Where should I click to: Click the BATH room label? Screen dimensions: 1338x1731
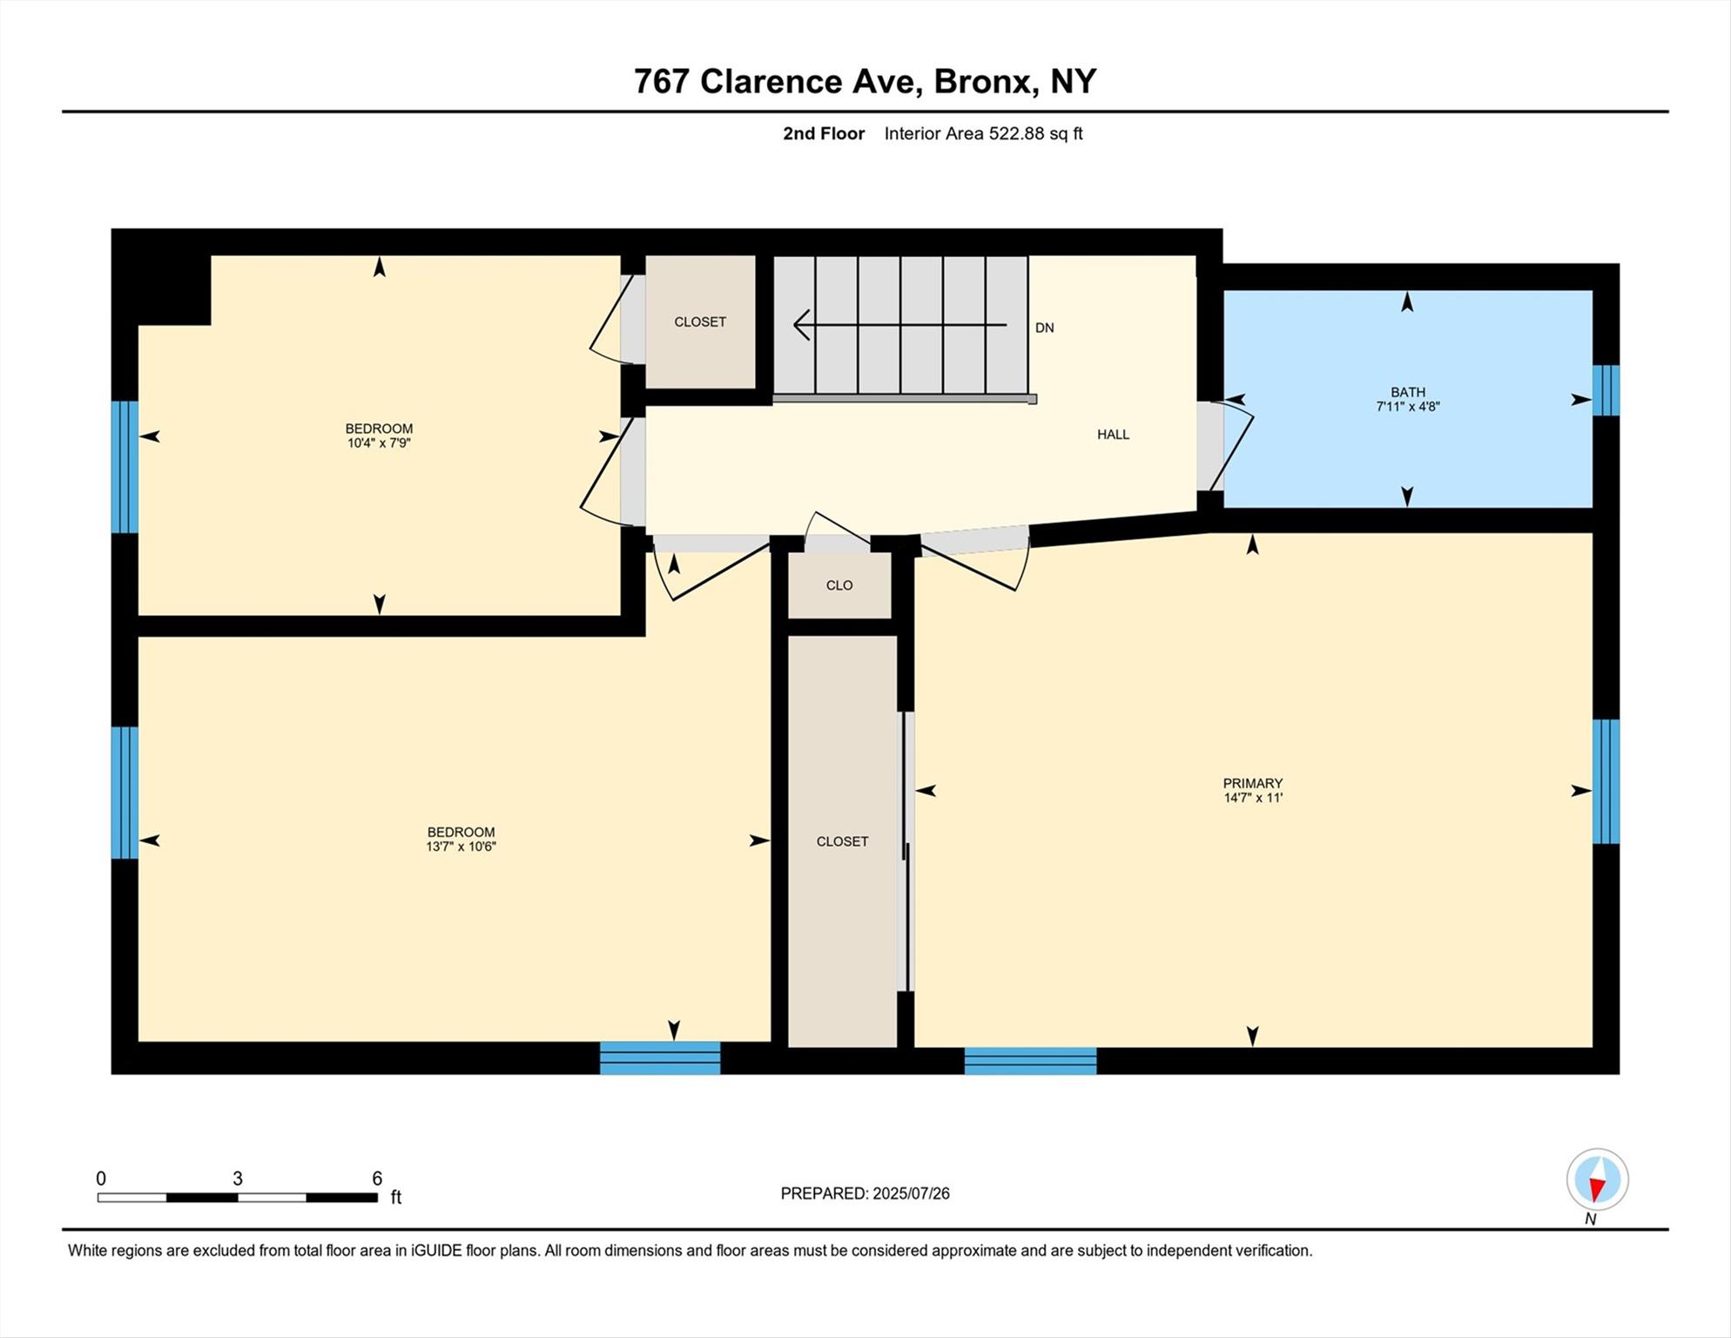[1407, 392]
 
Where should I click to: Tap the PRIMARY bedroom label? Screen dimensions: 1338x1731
[1252, 783]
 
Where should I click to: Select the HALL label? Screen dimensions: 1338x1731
[1113, 435]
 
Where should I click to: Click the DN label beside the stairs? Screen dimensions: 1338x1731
[1044, 328]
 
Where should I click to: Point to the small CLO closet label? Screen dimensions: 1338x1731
[839, 585]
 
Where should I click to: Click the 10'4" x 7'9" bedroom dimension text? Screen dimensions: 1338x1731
[379, 443]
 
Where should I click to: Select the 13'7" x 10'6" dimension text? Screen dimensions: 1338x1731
[461, 846]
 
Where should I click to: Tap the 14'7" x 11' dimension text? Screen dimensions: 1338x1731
[1252, 797]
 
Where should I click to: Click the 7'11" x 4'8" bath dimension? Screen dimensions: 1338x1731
[1407, 406]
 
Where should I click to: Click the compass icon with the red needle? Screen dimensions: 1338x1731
[1597, 1180]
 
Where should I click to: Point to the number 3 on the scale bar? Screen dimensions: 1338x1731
[237, 1179]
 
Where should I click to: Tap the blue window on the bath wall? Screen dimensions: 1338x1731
[1606, 390]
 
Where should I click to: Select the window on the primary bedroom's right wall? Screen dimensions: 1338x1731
[1606, 781]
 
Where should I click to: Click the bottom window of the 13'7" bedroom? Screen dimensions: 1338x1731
[660, 1058]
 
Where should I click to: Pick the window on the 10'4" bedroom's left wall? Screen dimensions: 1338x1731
[125, 467]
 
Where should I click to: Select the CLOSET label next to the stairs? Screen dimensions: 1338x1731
[700, 322]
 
